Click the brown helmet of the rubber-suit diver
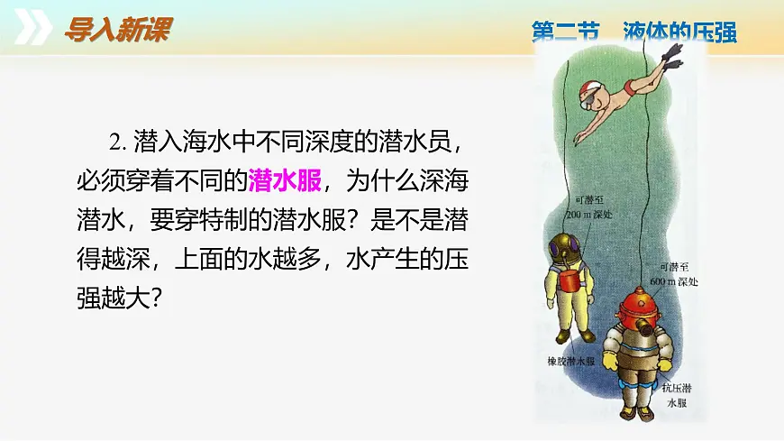[564, 245]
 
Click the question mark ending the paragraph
[155, 299]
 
